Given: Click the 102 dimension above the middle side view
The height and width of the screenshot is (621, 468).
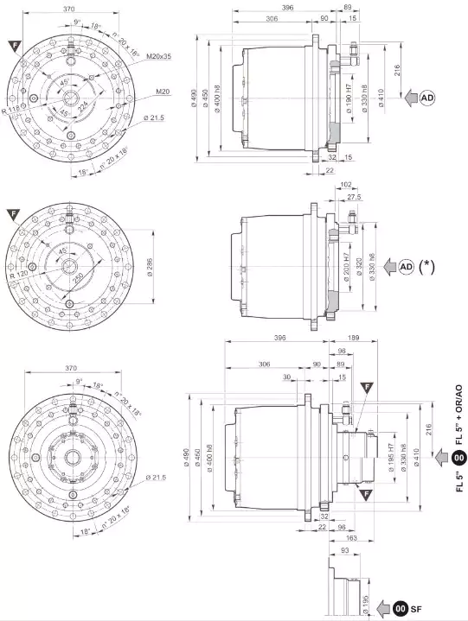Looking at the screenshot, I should pyautogui.click(x=345, y=184).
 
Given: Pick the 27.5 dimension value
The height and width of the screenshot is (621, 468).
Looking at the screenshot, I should pyautogui.click(x=353, y=198).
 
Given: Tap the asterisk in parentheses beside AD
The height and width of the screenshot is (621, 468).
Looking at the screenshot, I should pyautogui.click(x=426, y=267).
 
